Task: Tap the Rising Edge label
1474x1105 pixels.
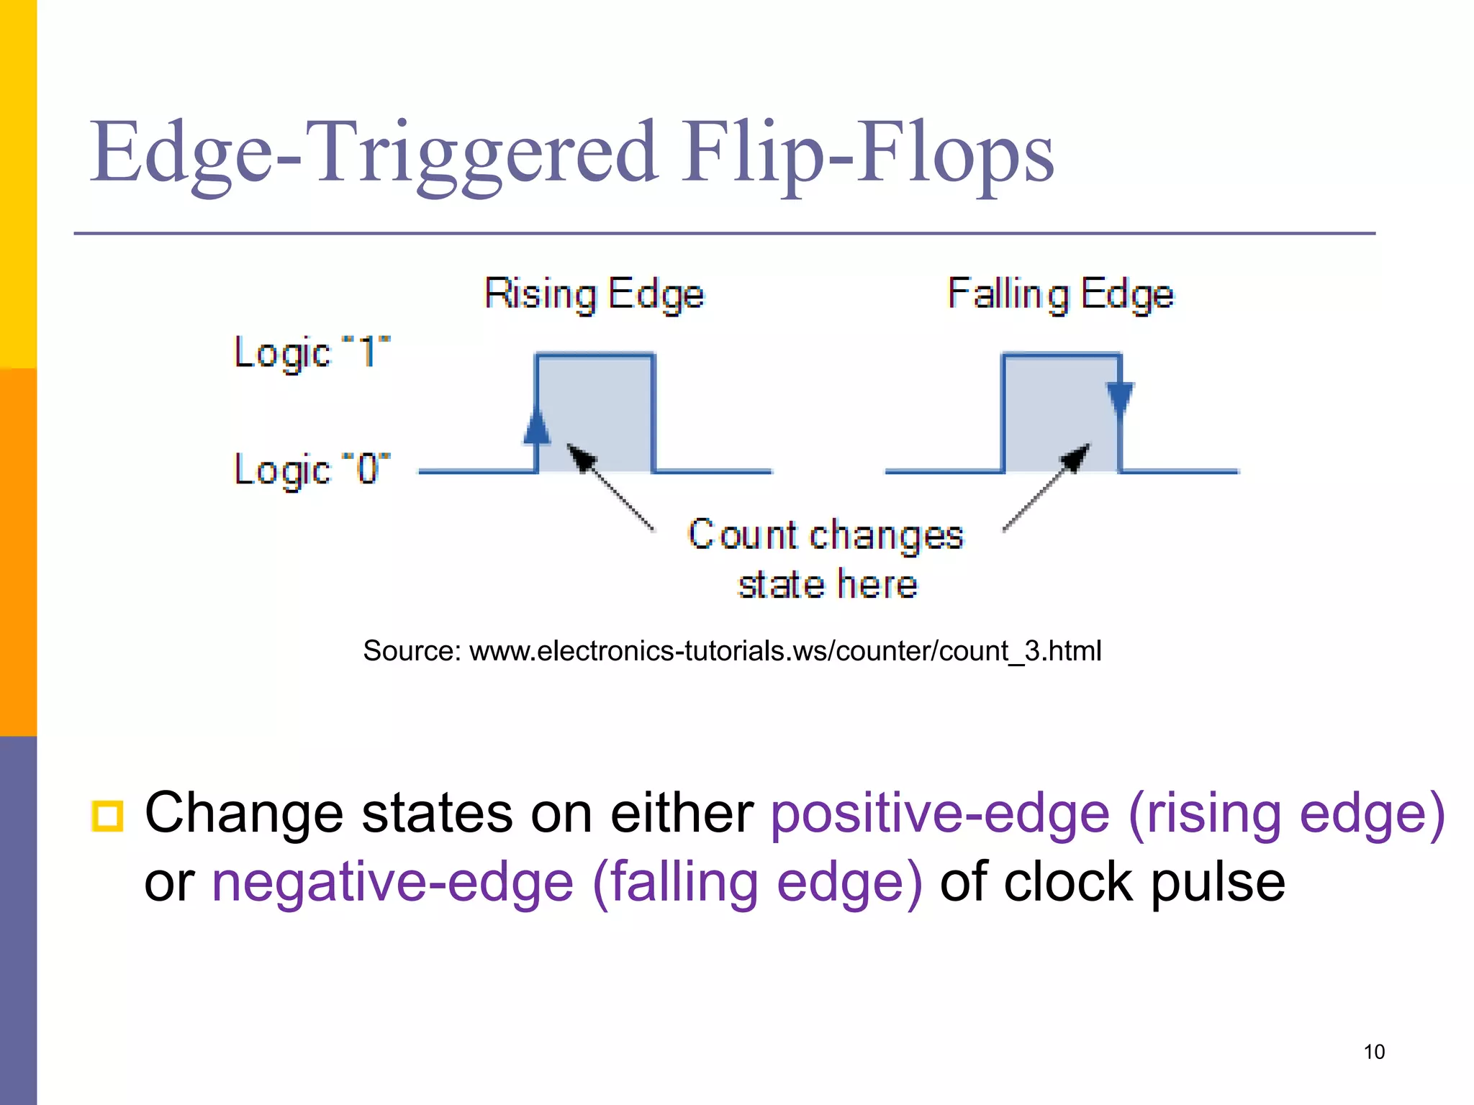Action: click(x=594, y=294)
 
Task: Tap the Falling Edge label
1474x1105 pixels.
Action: click(x=1060, y=294)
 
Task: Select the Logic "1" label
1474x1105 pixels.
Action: click(x=312, y=353)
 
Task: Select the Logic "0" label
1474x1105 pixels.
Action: click(x=312, y=470)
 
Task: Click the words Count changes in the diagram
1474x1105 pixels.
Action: click(x=825, y=535)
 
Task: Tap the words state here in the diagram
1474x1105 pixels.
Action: click(x=828, y=584)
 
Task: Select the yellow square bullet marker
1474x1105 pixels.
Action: click(x=107, y=816)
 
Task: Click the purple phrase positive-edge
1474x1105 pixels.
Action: click(x=940, y=814)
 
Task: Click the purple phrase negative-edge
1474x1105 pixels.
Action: click(x=392, y=883)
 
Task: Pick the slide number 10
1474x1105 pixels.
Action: click(x=1373, y=1052)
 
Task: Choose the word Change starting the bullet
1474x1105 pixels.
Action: click(x=244, y=814)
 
